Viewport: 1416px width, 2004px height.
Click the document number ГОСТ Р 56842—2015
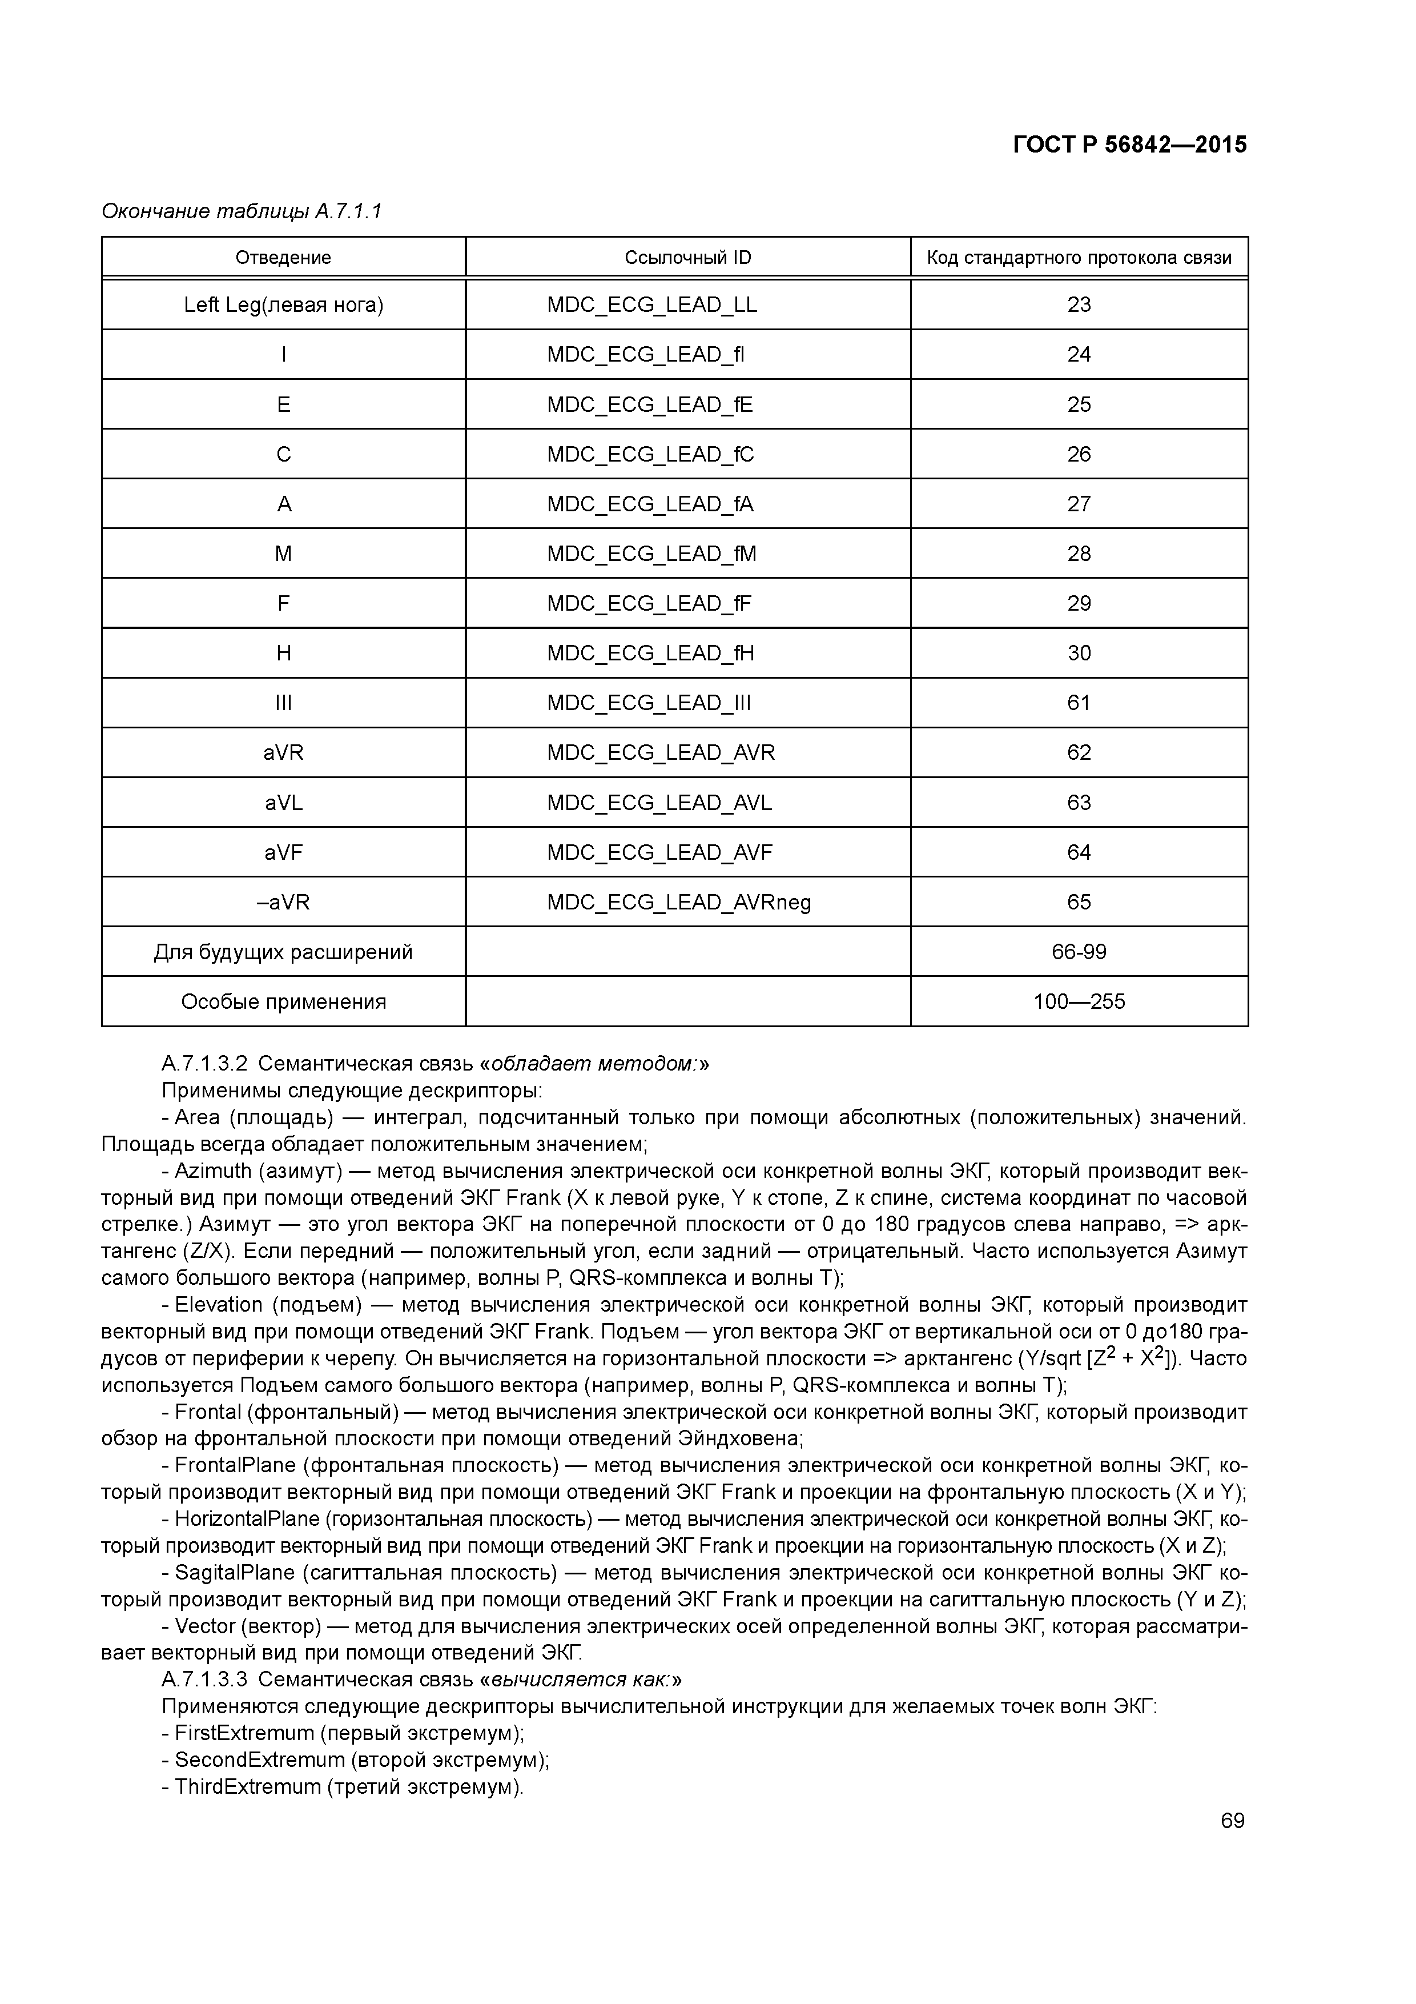click(1130, 145)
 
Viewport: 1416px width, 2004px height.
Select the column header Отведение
click(284, 258)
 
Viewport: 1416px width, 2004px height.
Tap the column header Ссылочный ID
click(687, 258)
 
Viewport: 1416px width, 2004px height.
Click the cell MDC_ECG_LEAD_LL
click(651, 304)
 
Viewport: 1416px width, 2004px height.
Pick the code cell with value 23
click(1079, 304)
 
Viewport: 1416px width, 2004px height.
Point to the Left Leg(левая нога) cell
click(284, 304)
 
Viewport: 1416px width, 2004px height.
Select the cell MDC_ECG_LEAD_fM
click(651, 554)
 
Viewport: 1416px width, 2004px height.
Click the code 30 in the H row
click(1079, 654)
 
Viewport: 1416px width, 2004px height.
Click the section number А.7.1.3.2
click(205, 1064)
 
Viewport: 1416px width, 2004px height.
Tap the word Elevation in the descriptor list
click(218, 1305)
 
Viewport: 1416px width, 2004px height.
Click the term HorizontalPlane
click(247, 1520)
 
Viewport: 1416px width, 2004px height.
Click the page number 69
click(1232, 1821)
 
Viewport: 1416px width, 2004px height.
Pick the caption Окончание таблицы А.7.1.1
click(242, 211)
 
